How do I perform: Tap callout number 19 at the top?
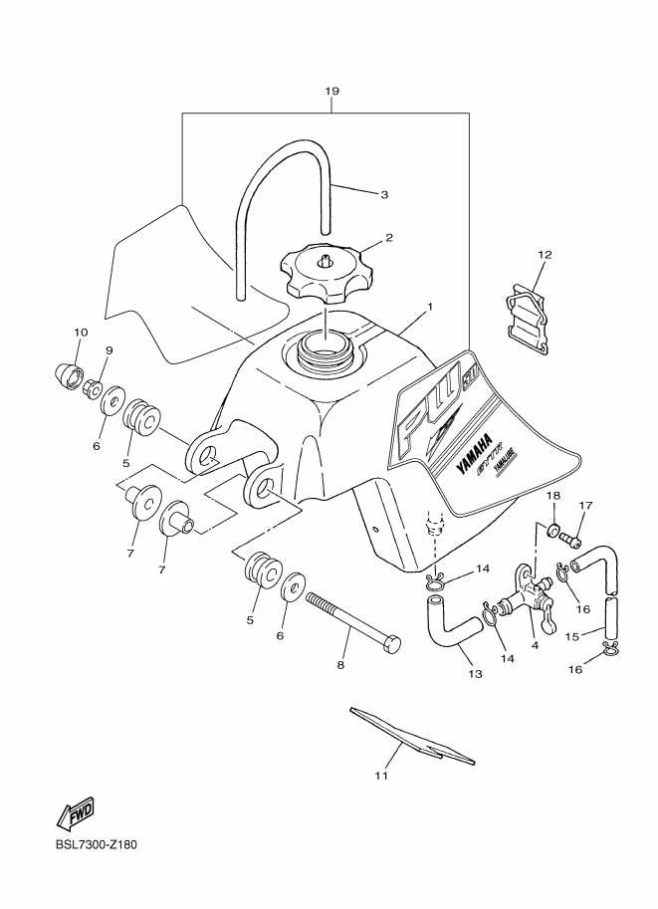[332, 92]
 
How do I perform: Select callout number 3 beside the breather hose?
[383, 194]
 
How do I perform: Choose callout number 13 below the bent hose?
[475, 674]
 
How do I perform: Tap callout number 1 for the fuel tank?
[429, 308]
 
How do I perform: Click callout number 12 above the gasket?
[544, 255]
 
